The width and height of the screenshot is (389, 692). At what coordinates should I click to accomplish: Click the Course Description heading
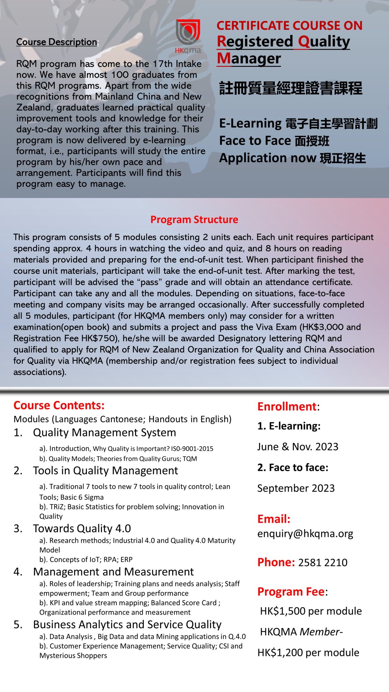coord(57,42)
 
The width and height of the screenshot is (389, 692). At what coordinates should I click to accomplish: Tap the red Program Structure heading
coord(194,220)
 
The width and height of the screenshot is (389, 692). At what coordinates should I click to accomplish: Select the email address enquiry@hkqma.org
coord(305,534)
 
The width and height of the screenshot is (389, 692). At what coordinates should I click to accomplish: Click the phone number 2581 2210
coord(322,563)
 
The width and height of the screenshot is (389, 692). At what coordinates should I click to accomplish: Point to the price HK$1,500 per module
coord(311,611)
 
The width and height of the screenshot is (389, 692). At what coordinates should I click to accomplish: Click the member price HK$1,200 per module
coord(308,652)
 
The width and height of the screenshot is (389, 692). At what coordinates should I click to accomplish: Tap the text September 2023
coord(296,488)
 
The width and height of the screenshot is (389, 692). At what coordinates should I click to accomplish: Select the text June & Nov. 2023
coord(297,447)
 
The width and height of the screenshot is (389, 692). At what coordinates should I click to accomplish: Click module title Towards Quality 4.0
coord(82,528)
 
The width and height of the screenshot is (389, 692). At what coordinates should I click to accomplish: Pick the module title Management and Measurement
coord(113,572)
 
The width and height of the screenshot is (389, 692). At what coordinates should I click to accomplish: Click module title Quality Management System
coord(104,432)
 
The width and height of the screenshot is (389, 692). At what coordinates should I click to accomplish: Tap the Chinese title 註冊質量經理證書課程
coord(291,89)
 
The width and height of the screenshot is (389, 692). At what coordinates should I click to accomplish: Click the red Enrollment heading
coord(287,406)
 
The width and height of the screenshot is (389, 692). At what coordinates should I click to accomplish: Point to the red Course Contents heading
coord(59,405)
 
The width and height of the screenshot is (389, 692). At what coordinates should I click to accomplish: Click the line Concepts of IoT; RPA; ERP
coord(86,560)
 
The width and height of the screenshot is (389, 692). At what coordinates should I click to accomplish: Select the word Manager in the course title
coord(249,58)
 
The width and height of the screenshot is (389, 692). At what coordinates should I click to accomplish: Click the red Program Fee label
coord(291,592)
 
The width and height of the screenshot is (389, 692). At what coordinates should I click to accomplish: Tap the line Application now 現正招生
coord(292,158)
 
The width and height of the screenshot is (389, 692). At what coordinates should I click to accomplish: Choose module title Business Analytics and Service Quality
coord(127,624)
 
